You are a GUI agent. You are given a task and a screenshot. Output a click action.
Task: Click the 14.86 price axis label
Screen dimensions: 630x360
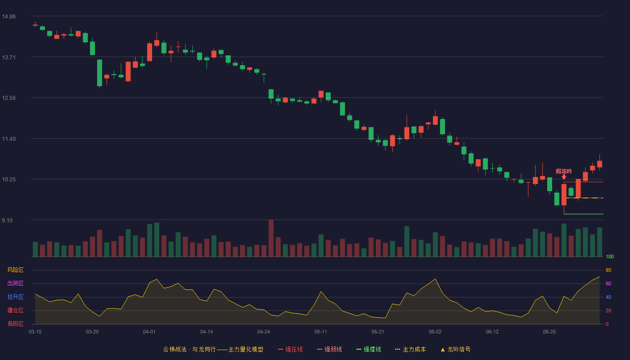(9, 17)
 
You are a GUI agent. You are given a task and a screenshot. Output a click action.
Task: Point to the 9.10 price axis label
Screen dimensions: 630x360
(7, 220)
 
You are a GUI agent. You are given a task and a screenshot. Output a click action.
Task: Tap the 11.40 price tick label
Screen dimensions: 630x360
(9, 139)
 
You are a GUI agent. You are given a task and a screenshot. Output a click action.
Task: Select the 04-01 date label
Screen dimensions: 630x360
(149, 332)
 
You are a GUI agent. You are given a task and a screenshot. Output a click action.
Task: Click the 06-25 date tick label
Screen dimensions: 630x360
(549, 332)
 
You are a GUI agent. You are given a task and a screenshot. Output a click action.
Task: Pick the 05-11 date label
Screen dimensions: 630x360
(320, 332)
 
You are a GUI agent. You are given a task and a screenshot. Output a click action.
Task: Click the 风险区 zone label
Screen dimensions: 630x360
(15, 270)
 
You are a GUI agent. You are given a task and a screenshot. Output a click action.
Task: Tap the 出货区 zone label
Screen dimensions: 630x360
(15, 283)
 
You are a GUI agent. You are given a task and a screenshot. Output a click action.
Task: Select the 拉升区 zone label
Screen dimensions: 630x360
(15, 297)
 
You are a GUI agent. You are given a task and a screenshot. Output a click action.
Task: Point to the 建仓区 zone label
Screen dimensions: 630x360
(15, 310)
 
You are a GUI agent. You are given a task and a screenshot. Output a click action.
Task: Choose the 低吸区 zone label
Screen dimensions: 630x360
(15, 324)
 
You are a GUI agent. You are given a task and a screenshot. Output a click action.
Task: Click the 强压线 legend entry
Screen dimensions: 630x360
(290, 349)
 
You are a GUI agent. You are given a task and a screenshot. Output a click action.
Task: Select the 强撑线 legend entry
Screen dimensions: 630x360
(369, 349)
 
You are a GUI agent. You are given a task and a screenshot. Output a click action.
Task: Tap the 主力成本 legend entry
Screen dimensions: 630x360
(410, 349)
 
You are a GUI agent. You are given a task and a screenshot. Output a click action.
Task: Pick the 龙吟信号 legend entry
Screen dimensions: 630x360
(455, 349)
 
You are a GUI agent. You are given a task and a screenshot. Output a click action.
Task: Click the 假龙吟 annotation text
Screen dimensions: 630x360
(563, 171)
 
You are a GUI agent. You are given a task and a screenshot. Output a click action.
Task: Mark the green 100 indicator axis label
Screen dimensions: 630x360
(610, 256)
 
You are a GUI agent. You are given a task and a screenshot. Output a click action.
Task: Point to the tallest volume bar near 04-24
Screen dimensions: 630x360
(271, 238)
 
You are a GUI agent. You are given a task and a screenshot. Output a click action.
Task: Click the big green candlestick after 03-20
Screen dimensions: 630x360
(99, 73)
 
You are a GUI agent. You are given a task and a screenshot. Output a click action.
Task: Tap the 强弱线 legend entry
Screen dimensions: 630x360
(329, 349)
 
